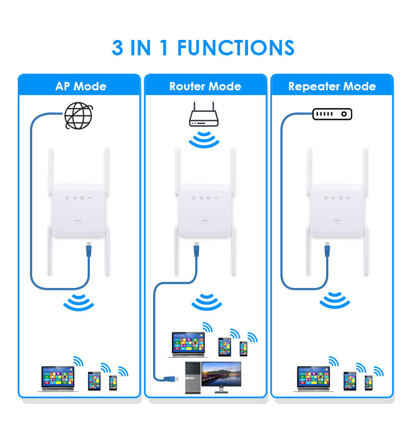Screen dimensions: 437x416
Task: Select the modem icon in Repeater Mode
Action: [332, 114]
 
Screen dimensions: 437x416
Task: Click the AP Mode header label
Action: [81, 86]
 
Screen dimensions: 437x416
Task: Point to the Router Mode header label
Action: [205, 86]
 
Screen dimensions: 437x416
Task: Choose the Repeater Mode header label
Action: [332, 86]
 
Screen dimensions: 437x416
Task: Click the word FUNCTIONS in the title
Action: [236, 48]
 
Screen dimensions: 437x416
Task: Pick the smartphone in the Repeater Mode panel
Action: [368, 382]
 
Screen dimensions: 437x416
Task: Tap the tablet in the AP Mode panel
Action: [94, 381]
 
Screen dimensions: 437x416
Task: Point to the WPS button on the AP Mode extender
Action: [77, 219]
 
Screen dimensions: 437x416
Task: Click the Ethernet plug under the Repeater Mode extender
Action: [326, 252]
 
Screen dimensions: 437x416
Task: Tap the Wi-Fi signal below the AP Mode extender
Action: [78, 302]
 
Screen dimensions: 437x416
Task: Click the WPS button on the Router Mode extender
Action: [204, 219]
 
